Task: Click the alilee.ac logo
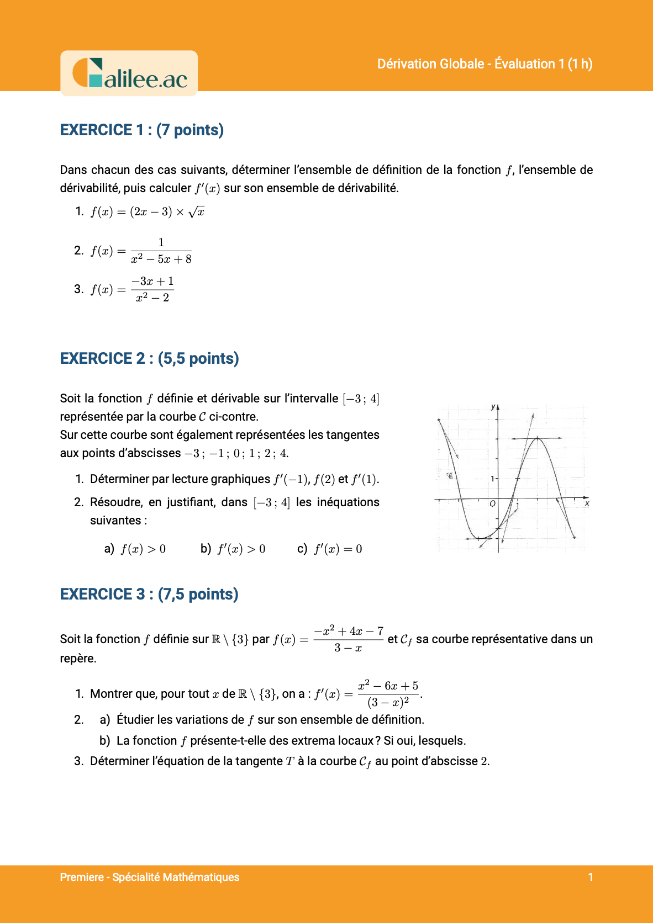click(x=129, y=74)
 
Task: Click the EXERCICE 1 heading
click(x=141, y=130)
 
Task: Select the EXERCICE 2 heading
click(x=149, y=358)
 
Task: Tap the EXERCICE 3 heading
click(x=149, y=594)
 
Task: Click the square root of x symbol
click(x=197, y=212)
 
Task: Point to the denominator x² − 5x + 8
click(x=161, y=259)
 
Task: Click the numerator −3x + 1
click(x=152, y=282)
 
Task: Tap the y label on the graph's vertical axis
click(x=493, y=407)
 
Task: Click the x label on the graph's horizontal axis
click(x=587, y=503)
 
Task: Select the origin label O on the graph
click(x=492, y=503)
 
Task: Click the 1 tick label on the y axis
click(x=492, y=479)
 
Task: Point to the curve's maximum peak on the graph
click(x=538, y=438)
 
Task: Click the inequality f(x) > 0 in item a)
click(x=143, y=549)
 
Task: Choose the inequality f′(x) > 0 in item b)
click(x=241, y=549)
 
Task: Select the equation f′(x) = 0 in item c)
click(x=338, y=549)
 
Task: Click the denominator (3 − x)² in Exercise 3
click(x=388, y=702)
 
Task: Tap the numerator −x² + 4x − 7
click(x=349, y=631)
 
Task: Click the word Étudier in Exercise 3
click(x=135, y=720)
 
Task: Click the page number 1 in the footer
click(x=591, y=877)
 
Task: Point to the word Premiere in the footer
click(x=82, y=877)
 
